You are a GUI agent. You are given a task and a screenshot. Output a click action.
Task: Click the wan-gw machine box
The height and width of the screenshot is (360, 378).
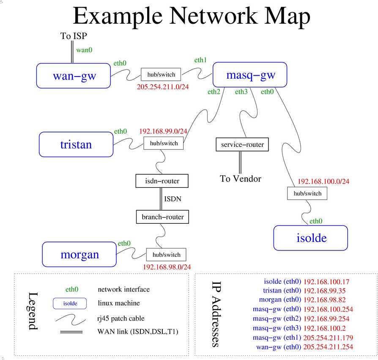coord(74,76)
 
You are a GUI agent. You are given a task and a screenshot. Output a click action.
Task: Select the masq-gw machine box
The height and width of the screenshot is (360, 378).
coord(250,75)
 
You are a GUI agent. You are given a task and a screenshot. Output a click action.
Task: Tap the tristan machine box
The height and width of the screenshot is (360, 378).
coord(76,144)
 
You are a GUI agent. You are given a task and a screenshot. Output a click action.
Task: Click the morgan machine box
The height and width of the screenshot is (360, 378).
coord(79,254)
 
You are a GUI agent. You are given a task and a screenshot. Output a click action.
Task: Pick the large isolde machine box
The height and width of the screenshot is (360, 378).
coord(310,237)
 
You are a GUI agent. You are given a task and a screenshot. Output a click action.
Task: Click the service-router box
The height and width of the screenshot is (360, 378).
coord(242,145)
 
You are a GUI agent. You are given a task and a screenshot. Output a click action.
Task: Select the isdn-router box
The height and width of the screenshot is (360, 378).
coord(162,181)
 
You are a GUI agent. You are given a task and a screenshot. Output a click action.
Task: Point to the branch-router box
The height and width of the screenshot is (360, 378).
coord(163,217)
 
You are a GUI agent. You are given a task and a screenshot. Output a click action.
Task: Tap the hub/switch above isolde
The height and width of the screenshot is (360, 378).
coord(307,193)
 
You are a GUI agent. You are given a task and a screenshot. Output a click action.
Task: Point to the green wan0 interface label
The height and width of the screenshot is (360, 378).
coord(84,50)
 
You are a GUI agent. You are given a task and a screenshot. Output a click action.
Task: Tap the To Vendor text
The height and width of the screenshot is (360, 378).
coord(241,179)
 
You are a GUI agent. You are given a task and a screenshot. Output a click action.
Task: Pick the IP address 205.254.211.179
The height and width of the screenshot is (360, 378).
coord(328,338)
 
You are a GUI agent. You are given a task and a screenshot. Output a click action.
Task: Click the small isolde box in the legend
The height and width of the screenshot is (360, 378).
coord(70,303)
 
